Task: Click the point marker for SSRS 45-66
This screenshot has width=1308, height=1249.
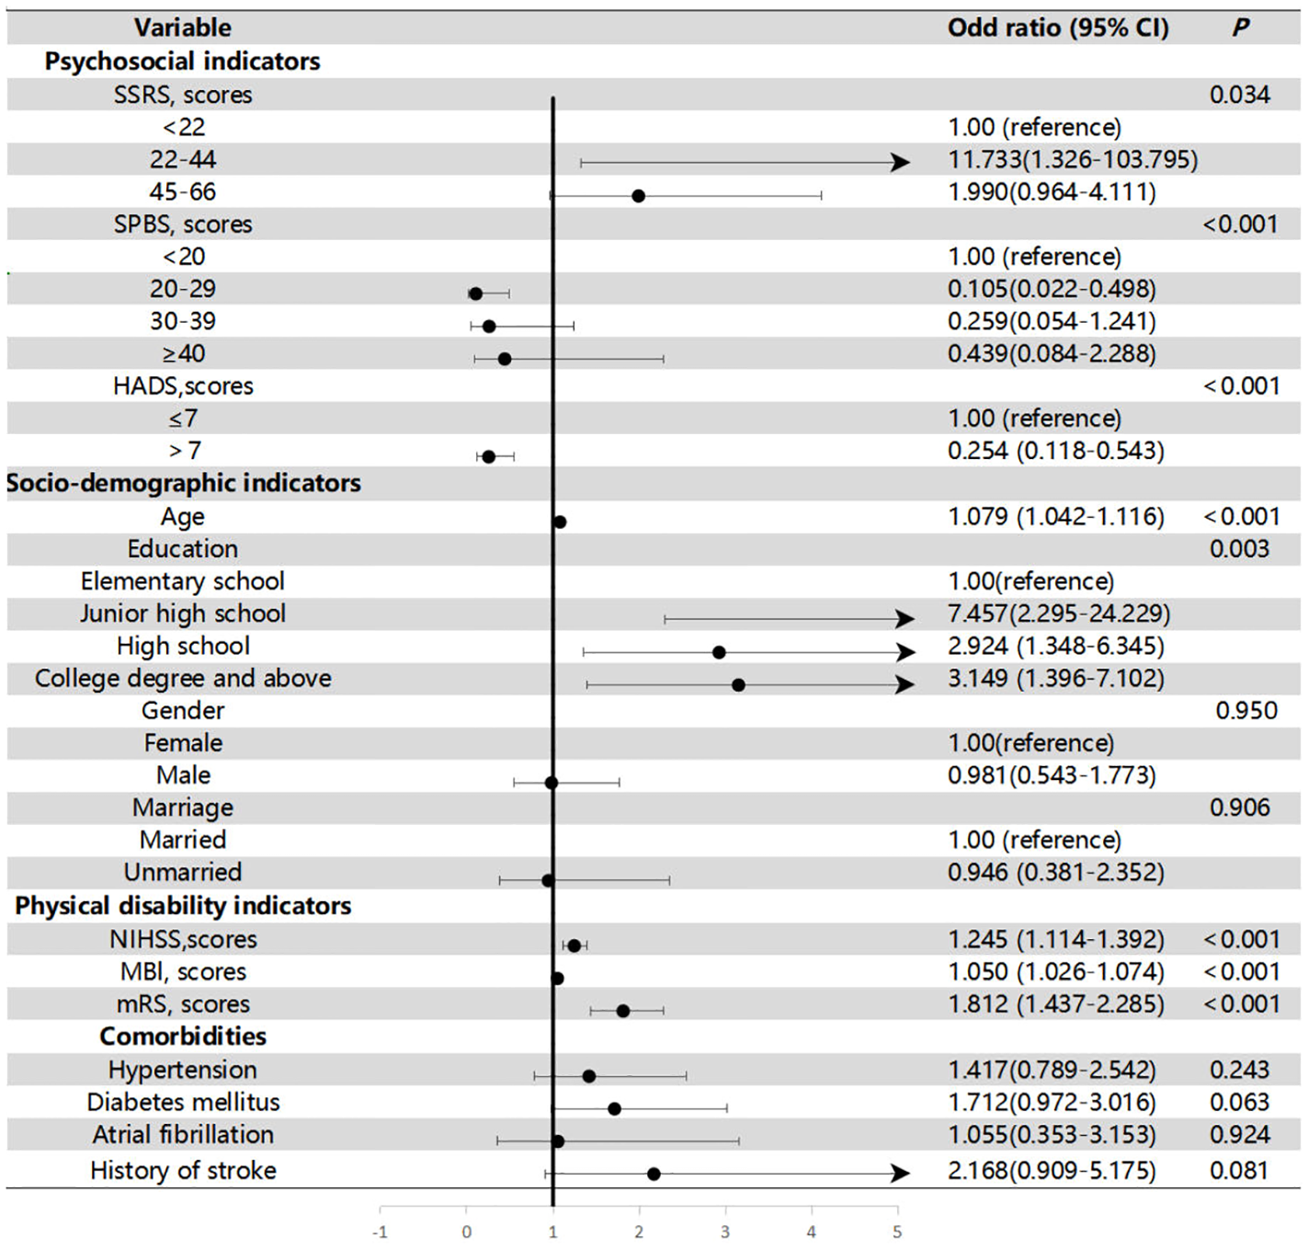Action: click(638, 196)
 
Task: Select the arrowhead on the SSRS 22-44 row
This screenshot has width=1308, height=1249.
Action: click(900, 163)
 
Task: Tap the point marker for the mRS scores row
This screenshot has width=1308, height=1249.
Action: click(623, 1011)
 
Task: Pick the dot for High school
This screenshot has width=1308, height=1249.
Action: click(719, 652)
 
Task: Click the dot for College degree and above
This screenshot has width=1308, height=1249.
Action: click(738, 685)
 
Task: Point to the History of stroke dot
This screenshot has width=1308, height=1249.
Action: click(654, 1175)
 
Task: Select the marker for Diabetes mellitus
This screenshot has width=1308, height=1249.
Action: click(614, 1109)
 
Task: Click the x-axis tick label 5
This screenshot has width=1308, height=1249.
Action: click(897, 1232)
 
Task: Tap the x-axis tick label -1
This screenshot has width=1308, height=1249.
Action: click(380, 1232)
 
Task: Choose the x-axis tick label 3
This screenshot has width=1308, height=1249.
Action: click(725, 1232)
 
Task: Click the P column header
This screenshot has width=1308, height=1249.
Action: click(1240, 28)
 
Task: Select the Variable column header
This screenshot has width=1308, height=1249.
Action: click(183, 28)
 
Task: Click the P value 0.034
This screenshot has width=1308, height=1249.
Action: click(1240, 95)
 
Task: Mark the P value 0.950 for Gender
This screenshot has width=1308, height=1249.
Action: click(1245, 711)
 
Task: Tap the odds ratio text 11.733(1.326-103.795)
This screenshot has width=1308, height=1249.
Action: click(1073, 160)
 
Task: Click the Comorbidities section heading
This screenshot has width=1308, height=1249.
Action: click(183, 1037)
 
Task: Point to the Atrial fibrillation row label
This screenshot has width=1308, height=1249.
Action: click(183, 1135)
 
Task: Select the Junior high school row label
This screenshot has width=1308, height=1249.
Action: click(183, 613)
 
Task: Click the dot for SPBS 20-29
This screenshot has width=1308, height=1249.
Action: click(475, 294)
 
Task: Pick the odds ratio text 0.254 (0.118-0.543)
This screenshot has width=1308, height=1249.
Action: click(1055, 452)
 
